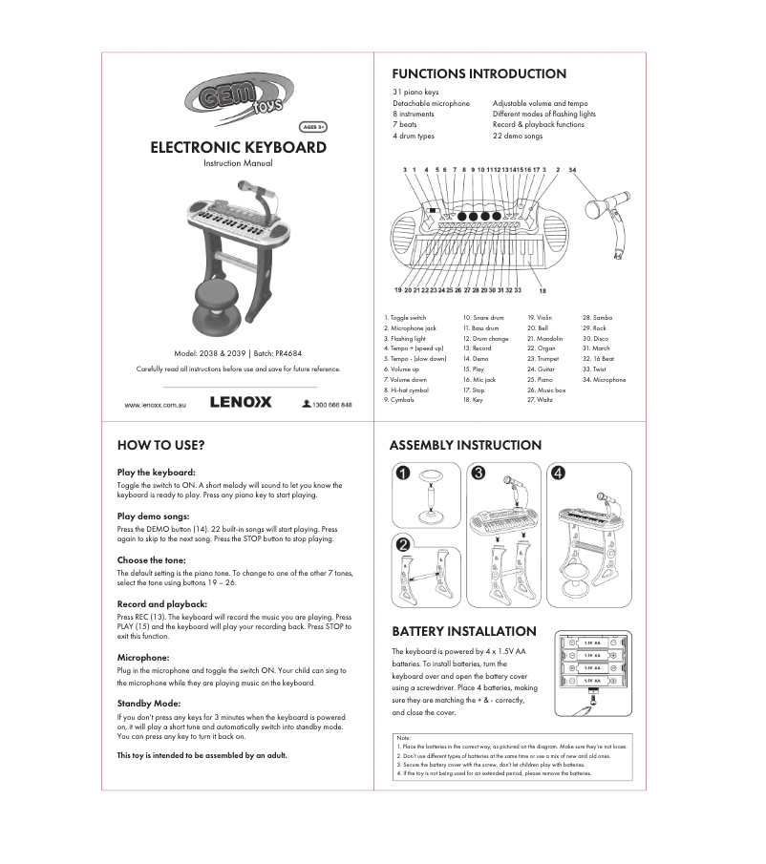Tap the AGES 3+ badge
[314, 126]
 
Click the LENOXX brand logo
[241, 403]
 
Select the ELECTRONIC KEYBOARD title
[238, 148]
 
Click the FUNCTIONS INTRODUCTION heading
[479, 74]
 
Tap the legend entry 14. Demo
[476, 359]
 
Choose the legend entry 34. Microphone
[605, 380]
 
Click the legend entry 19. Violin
[540, 317]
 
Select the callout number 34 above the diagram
[572, 169]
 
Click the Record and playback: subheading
[161, 604]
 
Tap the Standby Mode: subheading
[148, 703]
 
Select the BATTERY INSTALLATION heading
[464, 631]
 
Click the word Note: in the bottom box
[403, 738]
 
